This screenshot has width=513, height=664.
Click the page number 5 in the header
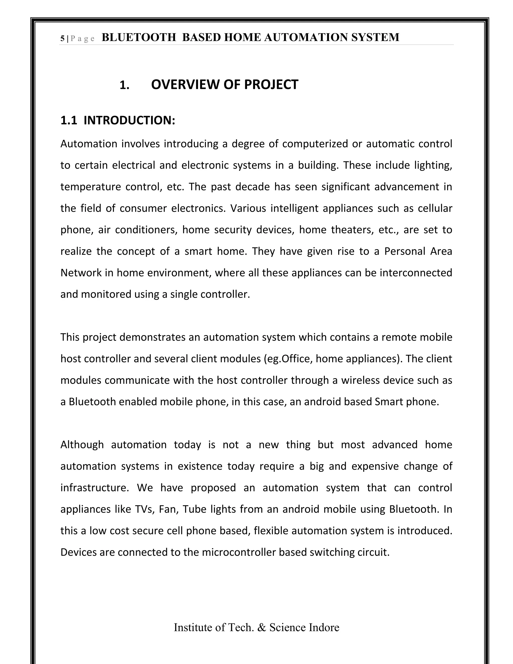(62, 39)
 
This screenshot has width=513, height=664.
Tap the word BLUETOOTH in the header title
(139, 37)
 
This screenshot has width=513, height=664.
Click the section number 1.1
(69, 120)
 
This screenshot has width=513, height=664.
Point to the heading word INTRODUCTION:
(130, 120)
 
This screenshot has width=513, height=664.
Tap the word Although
(82, 445)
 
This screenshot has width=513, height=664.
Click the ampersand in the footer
(261, 627)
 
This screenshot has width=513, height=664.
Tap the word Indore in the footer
(324, 627)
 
